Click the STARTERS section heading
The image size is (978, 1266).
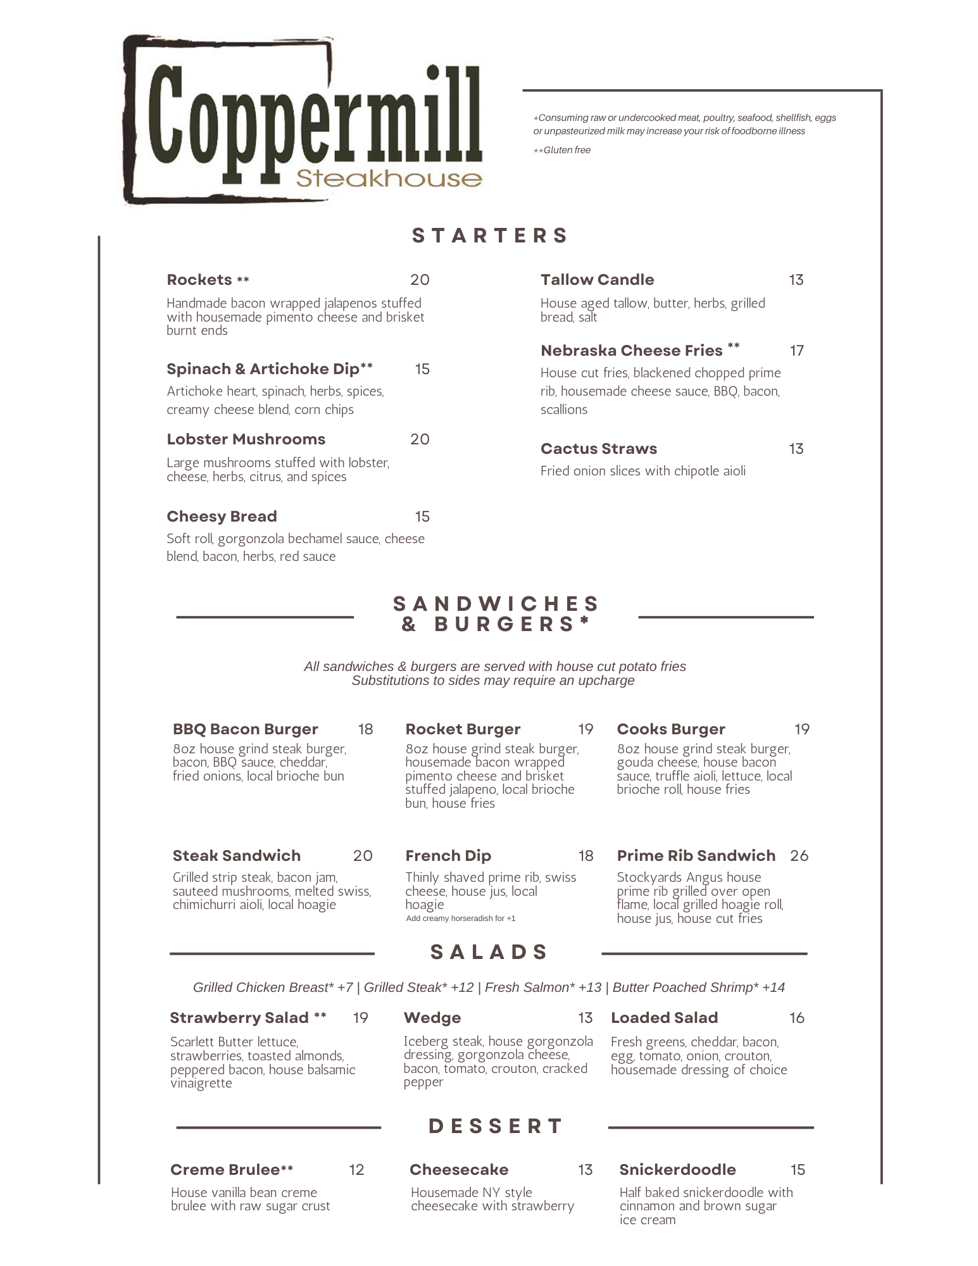(490, 235)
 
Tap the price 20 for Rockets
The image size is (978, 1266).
(420, 280)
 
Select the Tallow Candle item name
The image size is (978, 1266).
(597, 280)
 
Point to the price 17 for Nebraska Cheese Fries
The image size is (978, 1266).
(796, 351)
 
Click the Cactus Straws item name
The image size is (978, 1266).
(598, 449)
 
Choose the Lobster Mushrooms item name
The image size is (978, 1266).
(246, 439)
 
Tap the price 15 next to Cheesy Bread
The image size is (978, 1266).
(422, 517)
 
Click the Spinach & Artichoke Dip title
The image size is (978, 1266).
(269, 369)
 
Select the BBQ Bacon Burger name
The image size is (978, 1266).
(245, 729)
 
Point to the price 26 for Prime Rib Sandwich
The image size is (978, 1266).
(799, 856)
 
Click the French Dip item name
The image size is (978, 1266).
(448, 856)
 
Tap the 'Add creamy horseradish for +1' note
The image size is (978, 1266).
(461, 918)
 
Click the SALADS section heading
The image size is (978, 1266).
(489, 952)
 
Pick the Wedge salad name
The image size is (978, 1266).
(432, 1018)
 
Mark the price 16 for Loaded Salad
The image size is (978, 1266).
(796, 1018)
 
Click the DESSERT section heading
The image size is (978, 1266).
(496, 1127)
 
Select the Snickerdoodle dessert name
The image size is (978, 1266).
(677, 1170)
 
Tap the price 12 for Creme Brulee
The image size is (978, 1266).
(356, 1170)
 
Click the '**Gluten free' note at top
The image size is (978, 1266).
(562, 150)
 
